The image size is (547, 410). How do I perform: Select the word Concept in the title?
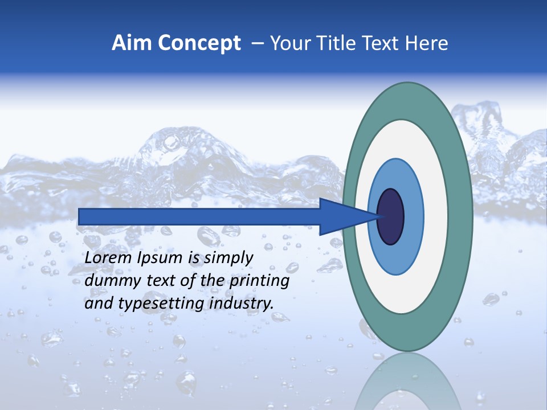tap(199, 43)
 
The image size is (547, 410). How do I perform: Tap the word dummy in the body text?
tap(108, 281)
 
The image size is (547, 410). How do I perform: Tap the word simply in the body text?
tap(228, 258)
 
